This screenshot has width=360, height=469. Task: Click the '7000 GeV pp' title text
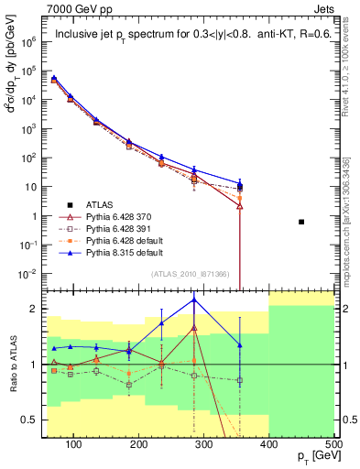(75, 8)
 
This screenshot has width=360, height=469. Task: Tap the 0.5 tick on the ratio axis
(33, 420)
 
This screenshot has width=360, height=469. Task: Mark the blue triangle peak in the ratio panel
(194, 300)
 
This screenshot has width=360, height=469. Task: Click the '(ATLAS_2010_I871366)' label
(188, 274)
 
